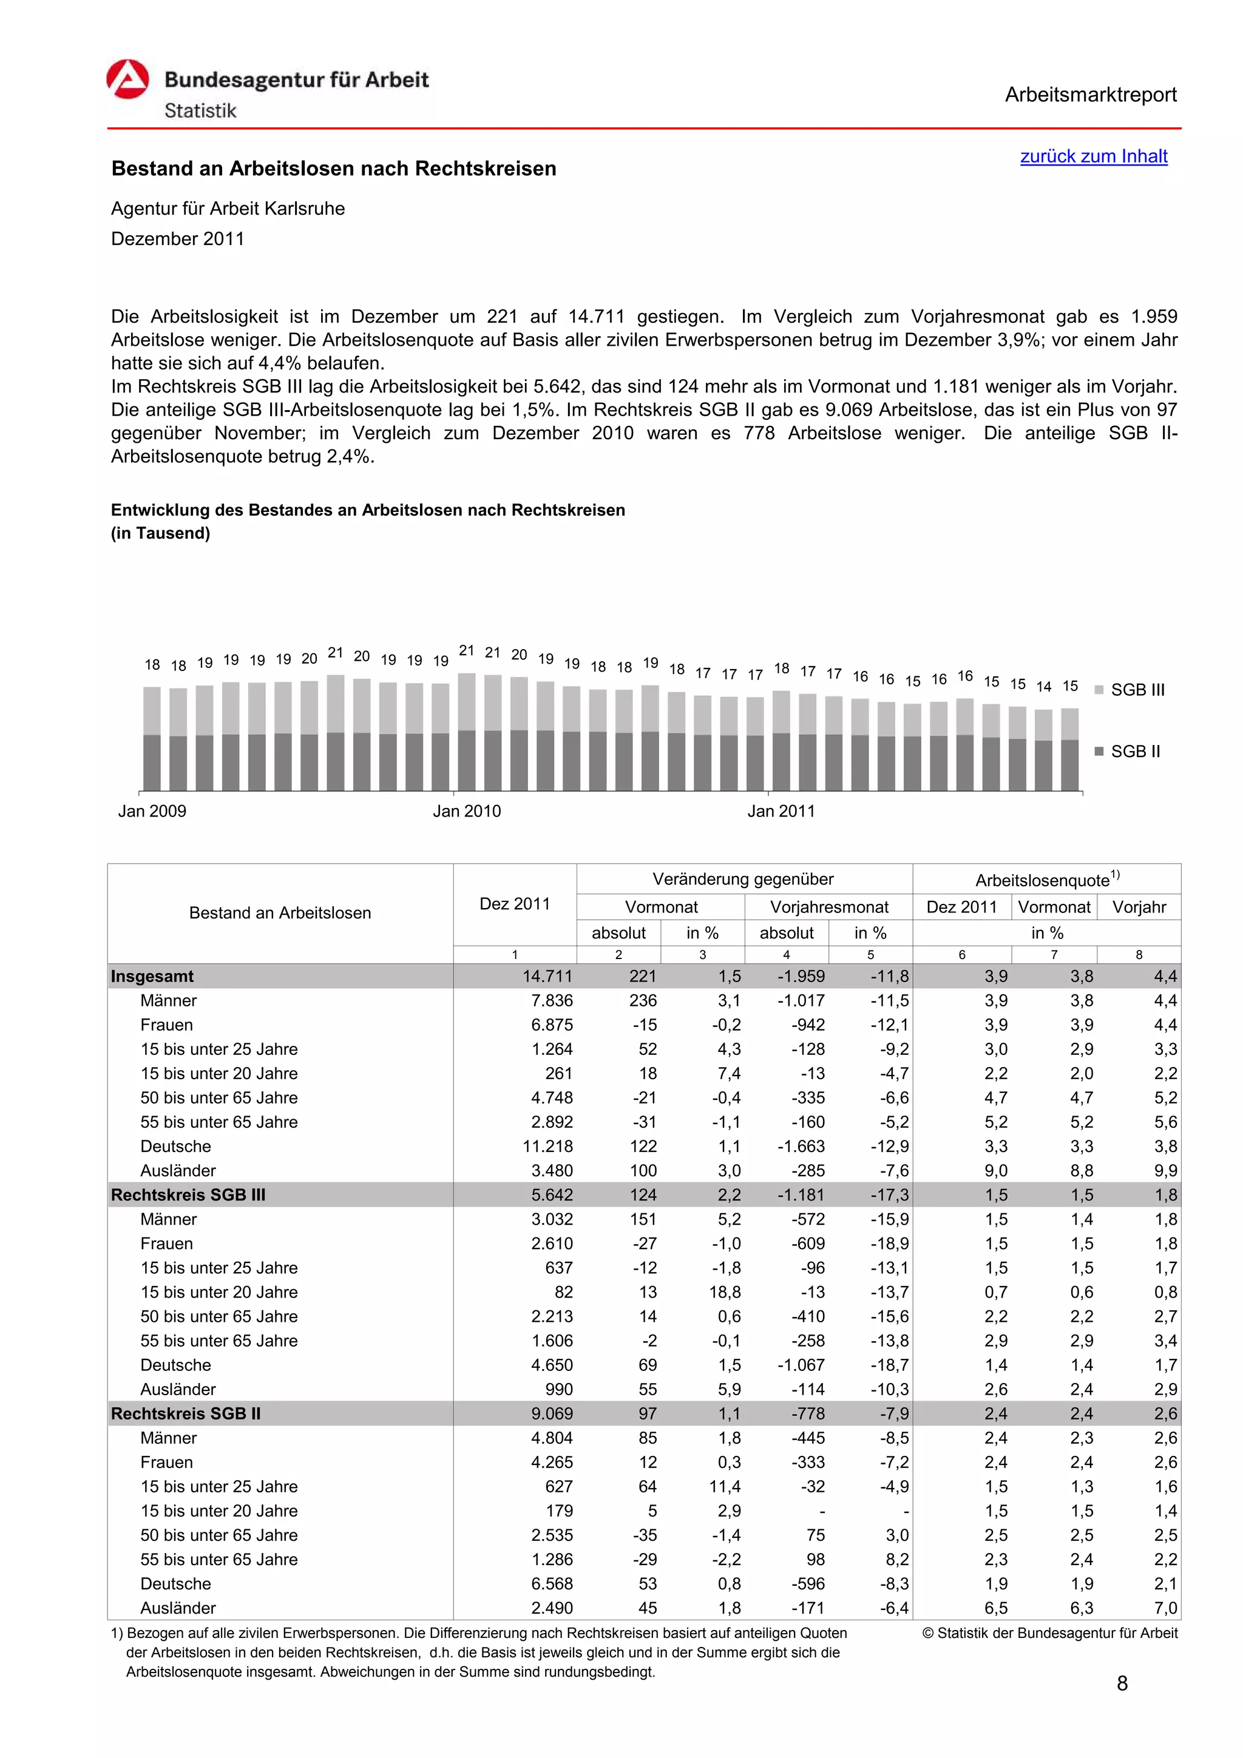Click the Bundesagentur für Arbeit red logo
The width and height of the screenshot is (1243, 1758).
127,79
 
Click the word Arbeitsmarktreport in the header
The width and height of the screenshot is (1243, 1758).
1090,95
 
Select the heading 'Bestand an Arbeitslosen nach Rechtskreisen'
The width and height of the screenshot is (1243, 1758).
334,169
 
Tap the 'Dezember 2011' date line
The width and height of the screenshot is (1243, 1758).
178,239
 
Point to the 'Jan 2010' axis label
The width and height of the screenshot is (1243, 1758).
466,811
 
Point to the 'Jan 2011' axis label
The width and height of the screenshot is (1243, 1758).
781,811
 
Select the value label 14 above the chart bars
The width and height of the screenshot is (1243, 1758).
1043,687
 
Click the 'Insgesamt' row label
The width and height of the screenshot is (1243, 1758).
152,976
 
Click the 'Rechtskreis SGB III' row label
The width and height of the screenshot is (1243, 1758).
188,1195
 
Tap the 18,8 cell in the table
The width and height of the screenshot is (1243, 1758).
725,1293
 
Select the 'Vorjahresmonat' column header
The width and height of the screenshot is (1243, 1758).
828,908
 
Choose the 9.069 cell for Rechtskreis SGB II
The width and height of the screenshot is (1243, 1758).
552,1413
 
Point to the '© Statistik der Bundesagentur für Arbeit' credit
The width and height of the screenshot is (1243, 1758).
1049,1633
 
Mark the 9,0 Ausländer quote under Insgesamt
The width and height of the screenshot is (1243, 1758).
995,1171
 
